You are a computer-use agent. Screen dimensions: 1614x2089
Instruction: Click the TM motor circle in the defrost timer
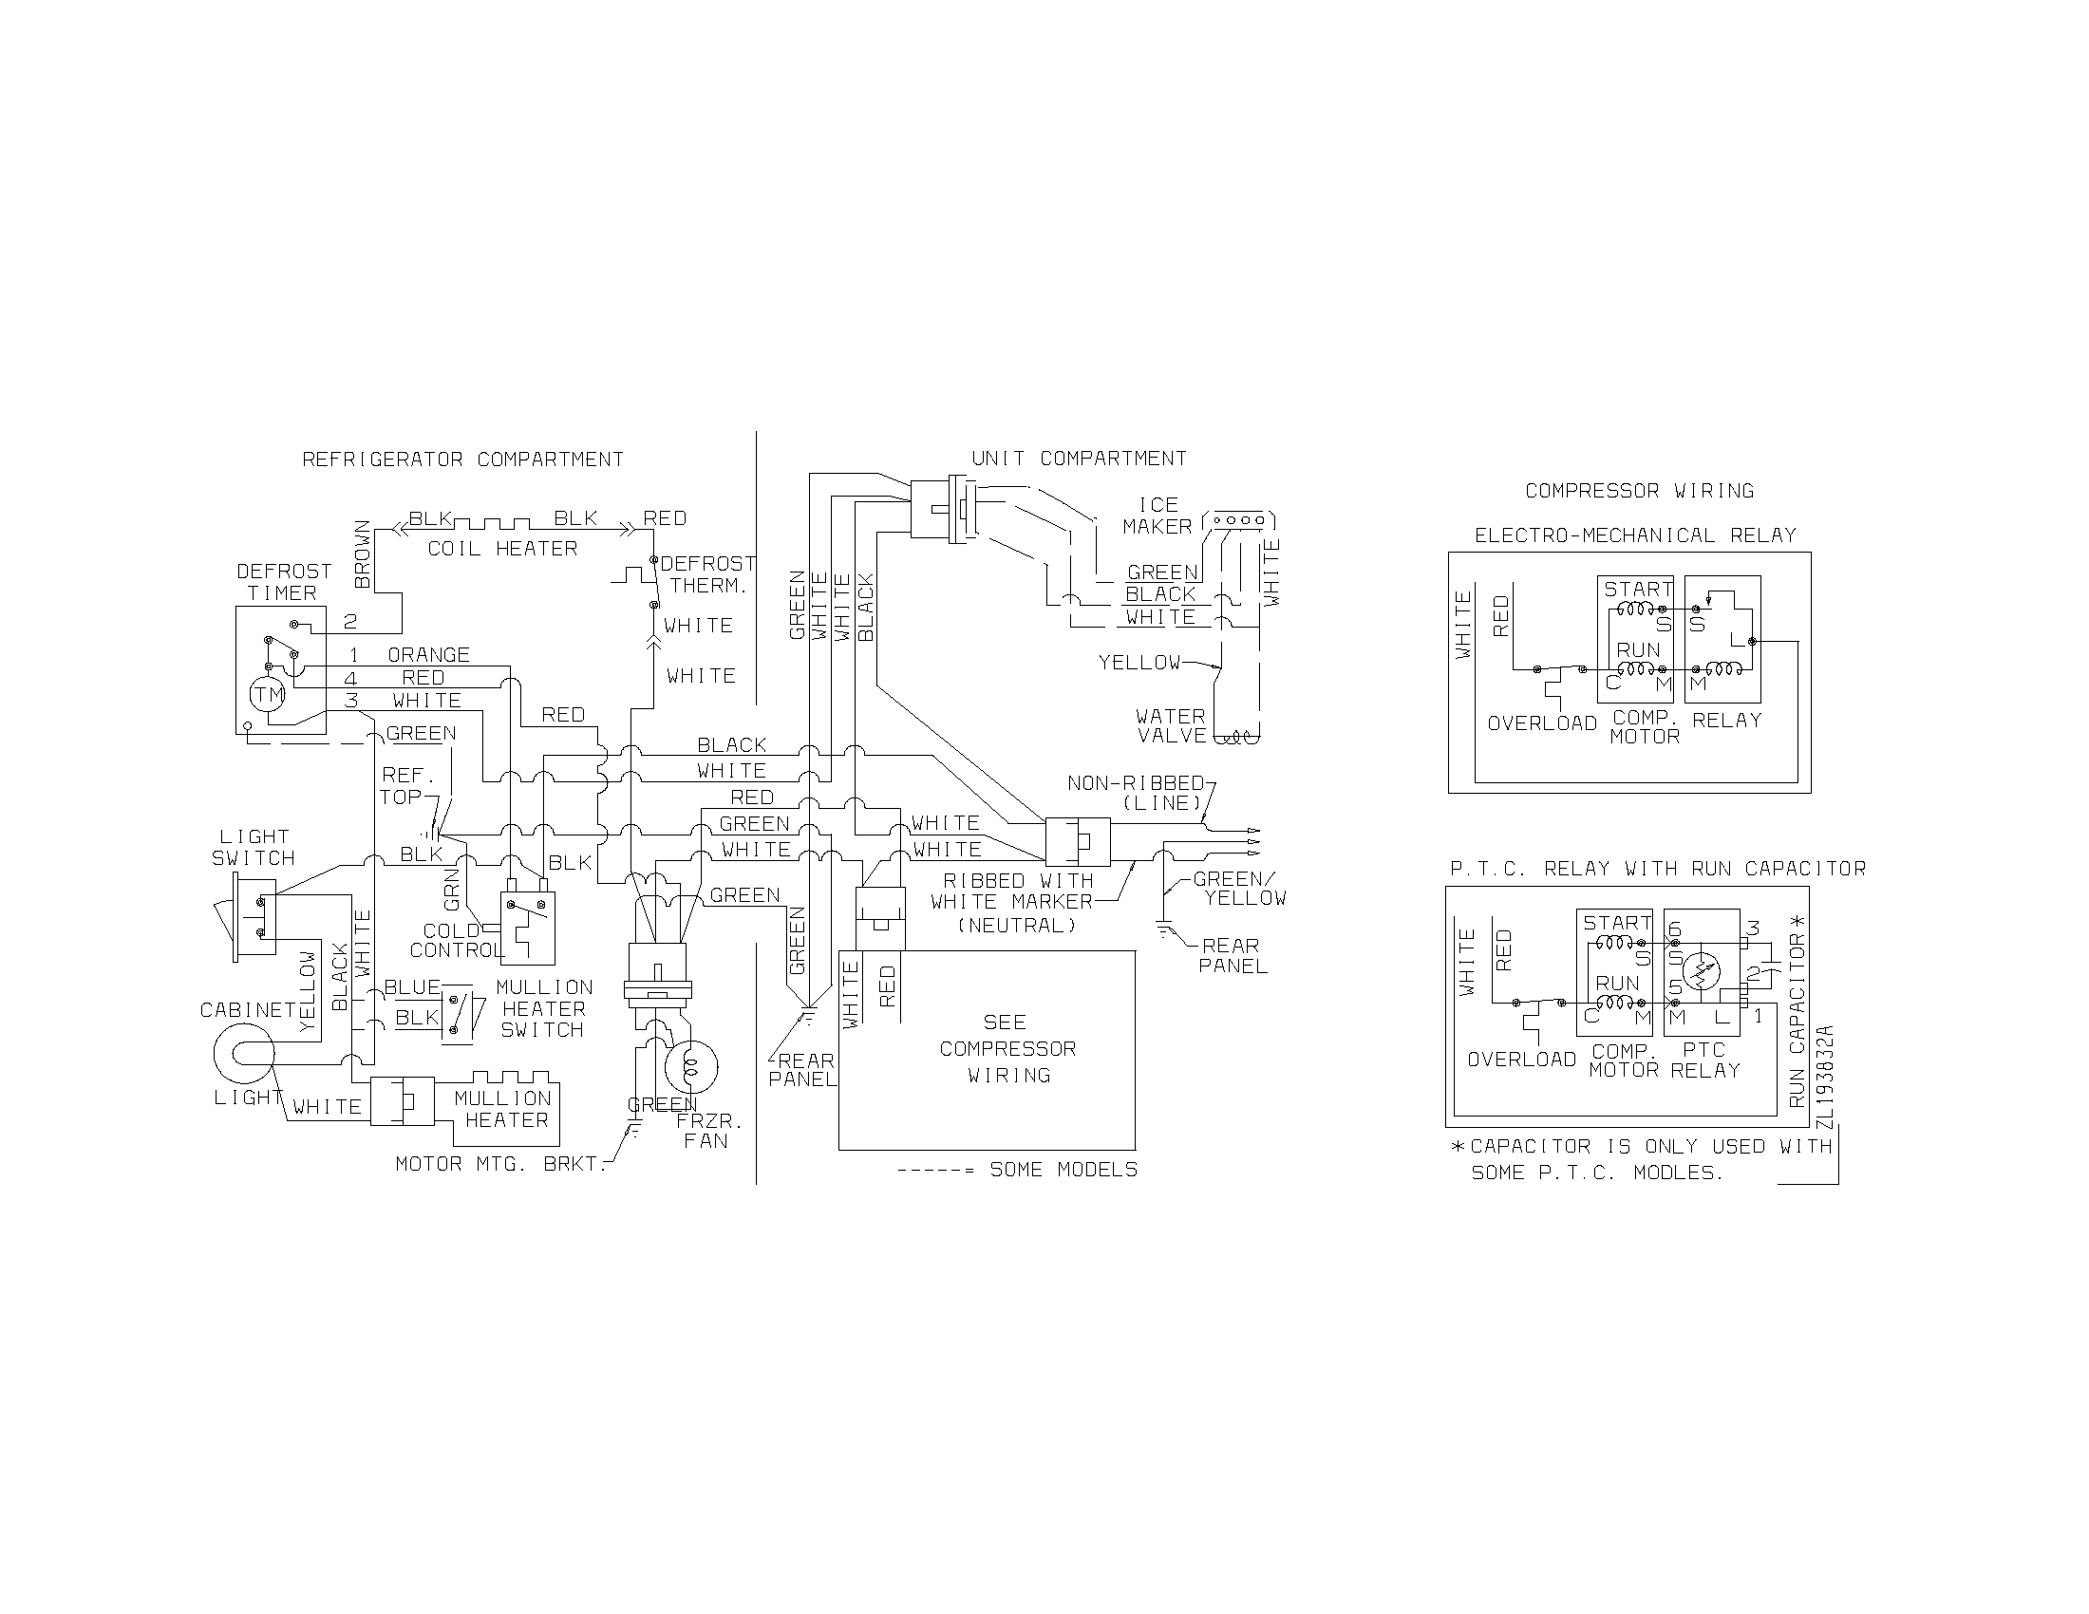pyautogui.click(x=268, y=694)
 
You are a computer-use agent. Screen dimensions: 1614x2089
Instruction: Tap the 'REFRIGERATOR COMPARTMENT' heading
pyautogui.click(x=463, y=460)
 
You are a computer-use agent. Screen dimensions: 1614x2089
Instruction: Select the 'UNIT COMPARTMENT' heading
pyautogui.click(x=1079, y=459)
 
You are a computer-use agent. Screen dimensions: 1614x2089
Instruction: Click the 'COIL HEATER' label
pyautogui.click(x=502, y=549)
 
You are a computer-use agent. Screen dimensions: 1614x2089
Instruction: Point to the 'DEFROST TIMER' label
pyautogui.click(x=283, y=581)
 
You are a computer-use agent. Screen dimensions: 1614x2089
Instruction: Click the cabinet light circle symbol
pyautogui.click(x=245, y=1053)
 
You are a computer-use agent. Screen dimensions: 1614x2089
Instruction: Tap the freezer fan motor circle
pyautogui.click(x=691, y=1066)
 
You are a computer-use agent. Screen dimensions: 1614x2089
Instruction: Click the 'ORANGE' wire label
pyautogui.click(x=428, y=655)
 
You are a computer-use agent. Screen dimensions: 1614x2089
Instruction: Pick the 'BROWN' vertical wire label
pyautogui.click(x=363, y=554)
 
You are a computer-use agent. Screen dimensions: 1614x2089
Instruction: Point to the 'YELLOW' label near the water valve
pyautogui.click(x=1139, y=662)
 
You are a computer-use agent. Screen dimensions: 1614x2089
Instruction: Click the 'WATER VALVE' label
pyautogui.click(x=1171, y=725)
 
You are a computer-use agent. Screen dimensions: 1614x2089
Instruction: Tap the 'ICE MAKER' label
pyautogui.click(x=1157, y=516)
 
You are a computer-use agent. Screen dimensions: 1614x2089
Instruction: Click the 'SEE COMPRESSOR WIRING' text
pyautogui.click(x=1007, y=1049)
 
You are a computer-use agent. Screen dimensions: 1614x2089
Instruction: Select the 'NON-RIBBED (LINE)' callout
pyautogui.click(x=1136, y=793)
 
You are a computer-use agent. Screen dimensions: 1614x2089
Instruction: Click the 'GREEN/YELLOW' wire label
pyautogui.click(x=1239, y=889)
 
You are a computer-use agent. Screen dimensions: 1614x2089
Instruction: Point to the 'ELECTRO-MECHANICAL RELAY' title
pyautogui.click(x=1634, y=535)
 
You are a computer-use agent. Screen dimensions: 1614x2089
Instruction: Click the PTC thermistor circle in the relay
pyautogui.click(x=1701, y=972)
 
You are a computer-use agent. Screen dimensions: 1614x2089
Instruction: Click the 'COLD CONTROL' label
pyautogui.click(x=455, y=941)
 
